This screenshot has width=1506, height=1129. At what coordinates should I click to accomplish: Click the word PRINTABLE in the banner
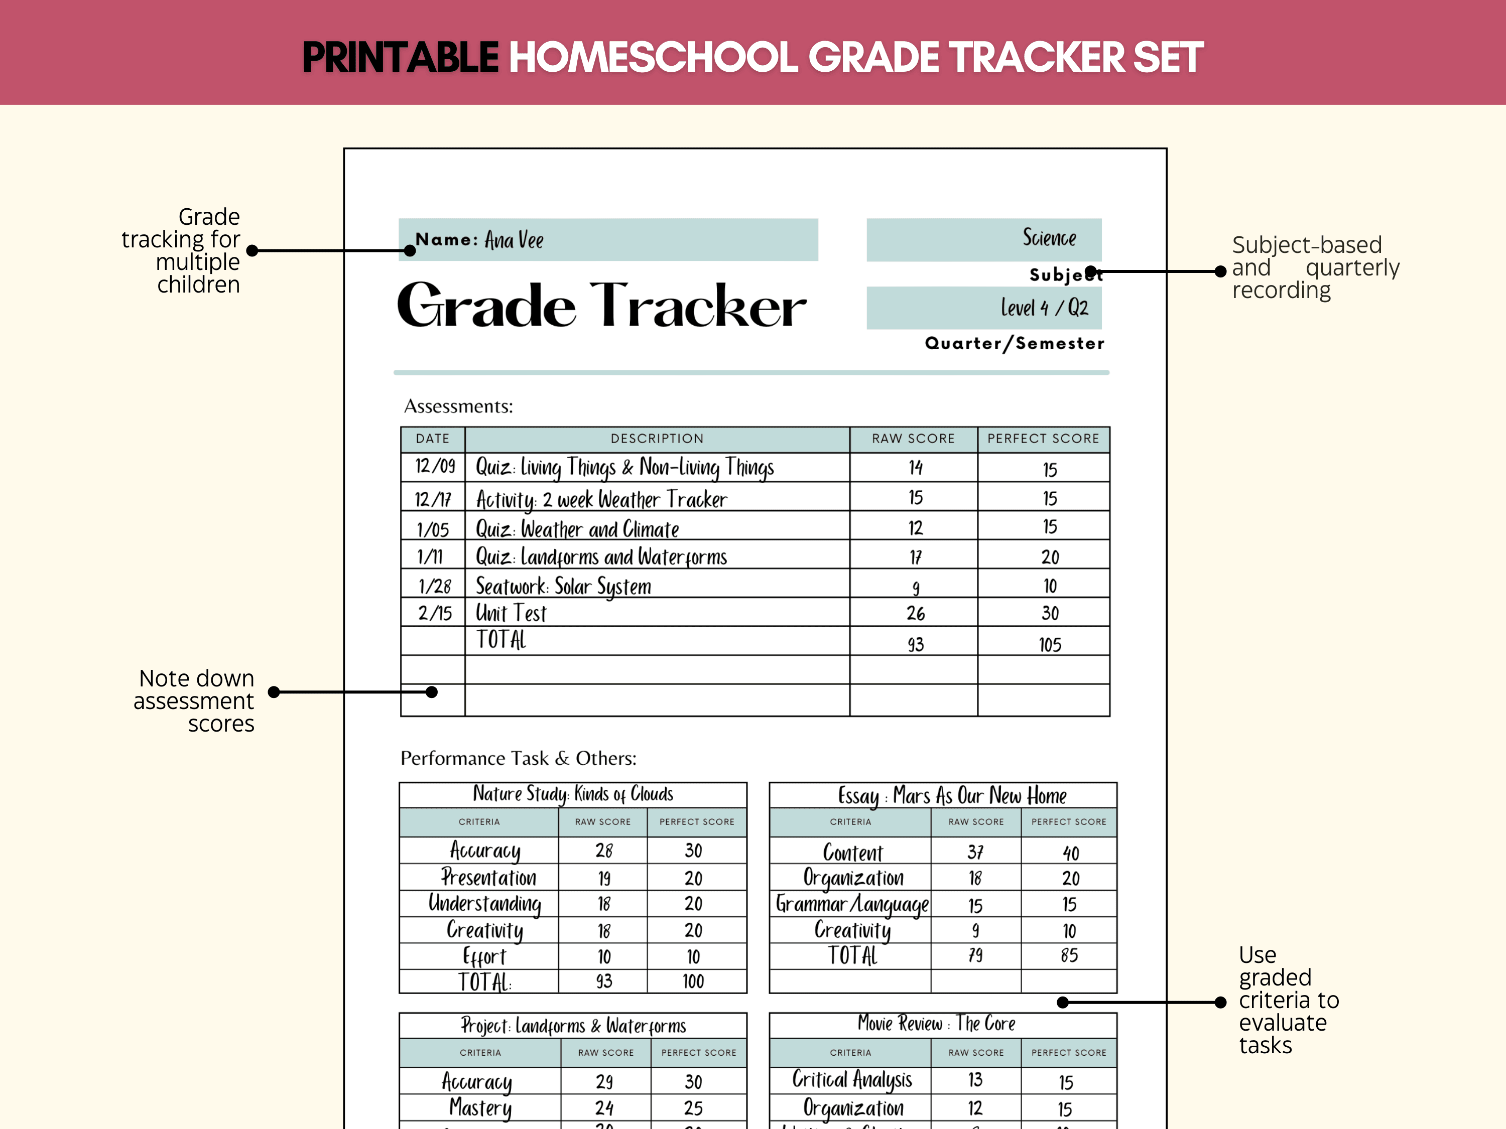400,57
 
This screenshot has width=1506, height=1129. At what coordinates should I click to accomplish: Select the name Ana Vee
514,240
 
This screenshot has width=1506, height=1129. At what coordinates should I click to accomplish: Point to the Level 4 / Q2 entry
1044,308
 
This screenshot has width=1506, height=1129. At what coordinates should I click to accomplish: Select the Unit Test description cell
511,613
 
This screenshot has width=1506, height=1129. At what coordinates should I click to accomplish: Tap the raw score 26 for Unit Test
916,614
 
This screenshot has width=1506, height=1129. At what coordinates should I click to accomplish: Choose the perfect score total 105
1050,644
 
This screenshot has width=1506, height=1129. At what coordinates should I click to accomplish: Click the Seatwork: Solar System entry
563,586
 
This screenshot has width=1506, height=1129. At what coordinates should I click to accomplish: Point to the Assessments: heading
458,406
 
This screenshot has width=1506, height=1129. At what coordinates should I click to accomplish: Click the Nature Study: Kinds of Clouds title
573,794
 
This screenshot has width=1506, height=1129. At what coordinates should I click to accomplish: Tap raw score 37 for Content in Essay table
975,852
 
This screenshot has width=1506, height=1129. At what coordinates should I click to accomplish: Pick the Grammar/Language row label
852,904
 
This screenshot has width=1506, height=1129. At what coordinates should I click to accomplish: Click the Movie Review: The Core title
936,1024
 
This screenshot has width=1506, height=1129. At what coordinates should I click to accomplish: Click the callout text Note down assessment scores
194,701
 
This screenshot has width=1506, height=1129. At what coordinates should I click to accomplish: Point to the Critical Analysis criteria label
852,1080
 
